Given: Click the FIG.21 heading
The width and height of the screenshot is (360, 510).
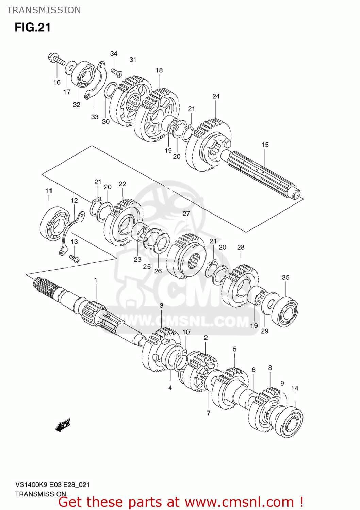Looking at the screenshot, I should point(33,27).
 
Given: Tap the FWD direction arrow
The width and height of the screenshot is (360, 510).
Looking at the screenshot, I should point(63,425).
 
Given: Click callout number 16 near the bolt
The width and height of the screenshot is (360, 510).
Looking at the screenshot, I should point(57,82).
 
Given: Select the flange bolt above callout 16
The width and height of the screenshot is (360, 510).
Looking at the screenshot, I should point(56,59).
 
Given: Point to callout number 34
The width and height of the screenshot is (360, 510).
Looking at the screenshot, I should point(114,53).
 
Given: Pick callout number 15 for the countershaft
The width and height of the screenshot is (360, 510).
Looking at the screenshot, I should point(265,144).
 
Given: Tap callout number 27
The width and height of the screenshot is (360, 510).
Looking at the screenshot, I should point(186,214).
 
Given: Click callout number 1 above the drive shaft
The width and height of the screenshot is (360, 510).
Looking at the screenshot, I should point(96,280).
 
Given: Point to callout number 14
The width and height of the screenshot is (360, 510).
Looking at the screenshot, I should point(295,388).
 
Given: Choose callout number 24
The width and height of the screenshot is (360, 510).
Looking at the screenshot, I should point(216,96).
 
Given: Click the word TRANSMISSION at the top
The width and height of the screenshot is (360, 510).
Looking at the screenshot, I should point(44,10).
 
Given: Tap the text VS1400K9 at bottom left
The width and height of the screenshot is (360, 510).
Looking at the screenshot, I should point(31,485).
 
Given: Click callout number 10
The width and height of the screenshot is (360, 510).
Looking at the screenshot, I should point(186,332).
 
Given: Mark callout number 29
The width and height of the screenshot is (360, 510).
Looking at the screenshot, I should point(265,331).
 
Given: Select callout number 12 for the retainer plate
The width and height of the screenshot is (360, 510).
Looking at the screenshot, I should point(74,200).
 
